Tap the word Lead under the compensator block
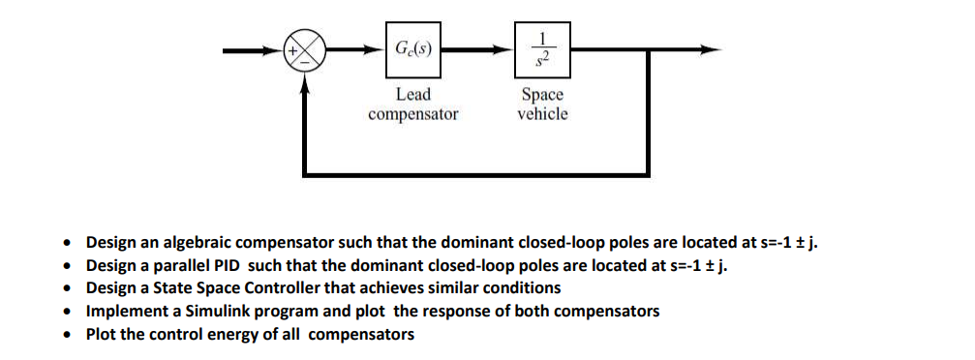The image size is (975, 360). click(x=413, y=95)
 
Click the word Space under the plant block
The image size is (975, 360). click(x=542, y=95)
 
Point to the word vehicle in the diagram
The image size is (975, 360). click(x=542, y=113)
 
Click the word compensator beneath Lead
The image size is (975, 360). click(x=413, y=114)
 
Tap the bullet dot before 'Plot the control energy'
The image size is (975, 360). click(x=67, y=336)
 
